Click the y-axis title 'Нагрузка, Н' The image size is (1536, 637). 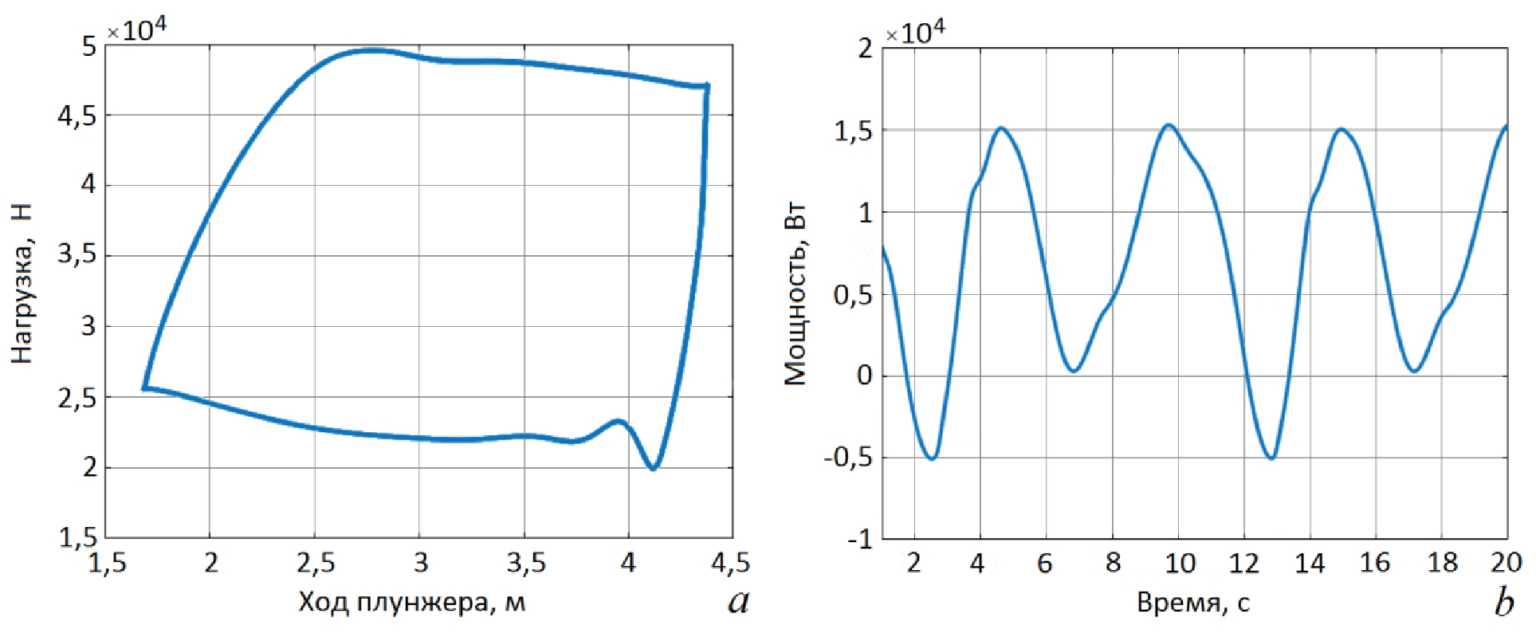coord(22,283)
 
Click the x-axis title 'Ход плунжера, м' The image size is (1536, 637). coord(411,602)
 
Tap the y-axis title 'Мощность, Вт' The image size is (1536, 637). coord(795,294)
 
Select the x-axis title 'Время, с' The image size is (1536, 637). coord(1192,603)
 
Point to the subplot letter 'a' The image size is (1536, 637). coord(739,600)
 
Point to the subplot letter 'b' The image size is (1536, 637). coord(1504,601)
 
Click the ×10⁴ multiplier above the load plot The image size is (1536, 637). coord(137,29)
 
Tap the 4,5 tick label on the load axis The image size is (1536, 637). coord(77,116)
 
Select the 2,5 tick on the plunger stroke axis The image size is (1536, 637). coord(316,563)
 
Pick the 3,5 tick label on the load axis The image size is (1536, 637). coord(77,255)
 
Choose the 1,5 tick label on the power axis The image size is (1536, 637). coord(852,131)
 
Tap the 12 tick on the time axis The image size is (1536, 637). coord(1243,563)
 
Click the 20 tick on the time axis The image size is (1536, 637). coord(1506,562)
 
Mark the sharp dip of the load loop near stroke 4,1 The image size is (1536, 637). coord(653,468)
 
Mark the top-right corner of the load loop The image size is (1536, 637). coord(705,86)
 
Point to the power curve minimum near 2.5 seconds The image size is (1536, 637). coord(932,458)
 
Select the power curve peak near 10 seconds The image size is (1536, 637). coord(1169,125)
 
